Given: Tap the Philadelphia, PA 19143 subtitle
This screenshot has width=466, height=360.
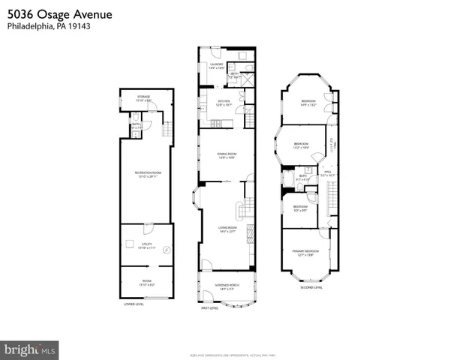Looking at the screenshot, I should tap(45, 26).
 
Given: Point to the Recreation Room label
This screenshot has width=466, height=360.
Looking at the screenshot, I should tap(148, 174).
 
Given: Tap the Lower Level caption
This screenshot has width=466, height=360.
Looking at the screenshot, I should tap(134, 304).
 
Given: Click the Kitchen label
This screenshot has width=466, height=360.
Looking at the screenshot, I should tap(224, 103).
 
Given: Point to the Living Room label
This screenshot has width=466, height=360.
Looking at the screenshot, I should tap(227, 229).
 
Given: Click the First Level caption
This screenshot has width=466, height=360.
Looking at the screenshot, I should tap(209, 308).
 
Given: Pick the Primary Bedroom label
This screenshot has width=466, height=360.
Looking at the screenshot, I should tap(306, 253).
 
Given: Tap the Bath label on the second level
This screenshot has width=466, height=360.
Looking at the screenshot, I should tap(303, 177).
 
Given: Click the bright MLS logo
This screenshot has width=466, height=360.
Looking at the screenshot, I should tap(30, 349).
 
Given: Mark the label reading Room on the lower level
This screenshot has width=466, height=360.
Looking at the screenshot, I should tap(148, 283).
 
